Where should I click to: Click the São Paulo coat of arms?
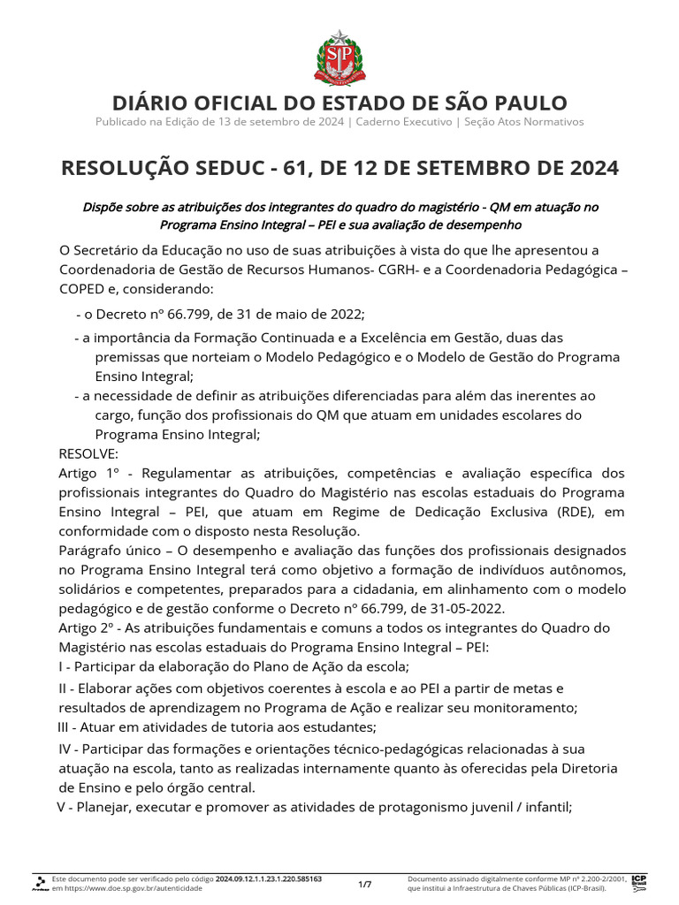tap(339, 55)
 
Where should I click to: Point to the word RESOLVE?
tap(88, 453)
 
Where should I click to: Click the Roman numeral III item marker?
tap(68, 727)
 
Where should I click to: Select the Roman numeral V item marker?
tap(64, 806)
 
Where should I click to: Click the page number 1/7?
tap(365, 884)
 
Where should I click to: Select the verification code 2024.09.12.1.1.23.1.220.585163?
tap(269, 879)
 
